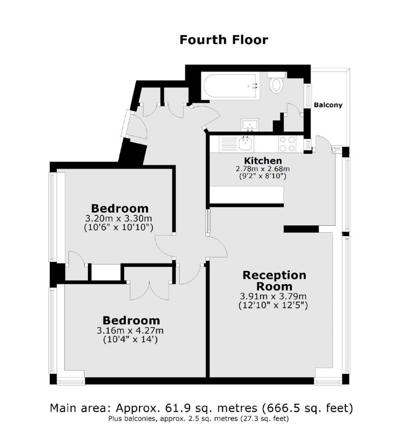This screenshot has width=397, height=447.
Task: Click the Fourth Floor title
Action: pos(224,40)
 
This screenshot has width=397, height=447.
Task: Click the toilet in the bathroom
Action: pos(276,84)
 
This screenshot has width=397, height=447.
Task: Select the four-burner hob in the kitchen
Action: pos(287,144)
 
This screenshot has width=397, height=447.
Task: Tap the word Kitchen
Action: pos(263,161)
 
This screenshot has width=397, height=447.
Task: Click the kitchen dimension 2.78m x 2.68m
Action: pos(263,169)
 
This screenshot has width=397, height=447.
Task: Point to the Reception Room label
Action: pos(274,281)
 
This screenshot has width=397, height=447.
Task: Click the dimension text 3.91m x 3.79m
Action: pos(273,297)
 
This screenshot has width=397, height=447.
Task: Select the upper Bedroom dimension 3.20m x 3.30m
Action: pos(120,218)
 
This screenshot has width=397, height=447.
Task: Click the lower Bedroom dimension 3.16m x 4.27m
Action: pos(132,331)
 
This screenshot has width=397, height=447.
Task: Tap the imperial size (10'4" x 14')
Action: pos(132,340)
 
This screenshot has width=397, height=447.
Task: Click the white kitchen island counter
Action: pos(246,195)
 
